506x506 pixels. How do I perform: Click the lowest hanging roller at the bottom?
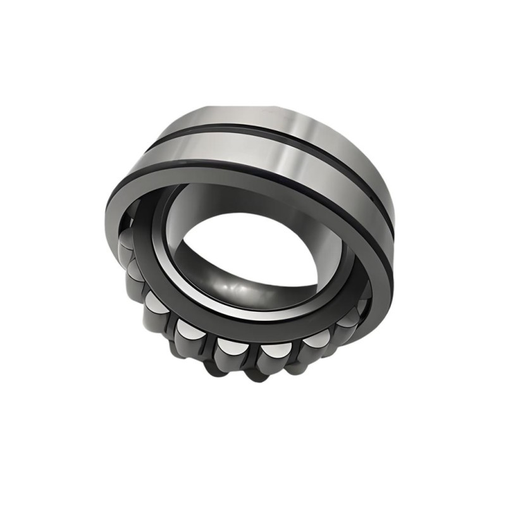(253, 373)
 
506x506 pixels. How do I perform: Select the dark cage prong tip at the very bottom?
(253, 379)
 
